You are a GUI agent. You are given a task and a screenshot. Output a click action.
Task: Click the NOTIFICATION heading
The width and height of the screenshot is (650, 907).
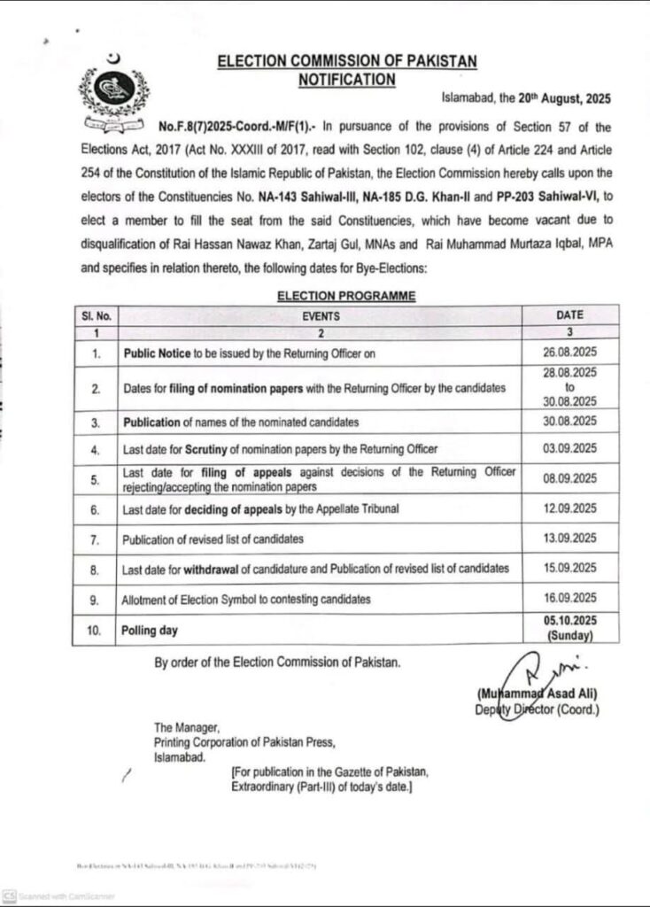(346, 79)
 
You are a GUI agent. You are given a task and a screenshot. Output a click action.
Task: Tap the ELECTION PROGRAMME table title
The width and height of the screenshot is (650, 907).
(346, 297)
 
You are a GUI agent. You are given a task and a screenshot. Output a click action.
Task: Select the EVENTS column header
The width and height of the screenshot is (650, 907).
(320, 314)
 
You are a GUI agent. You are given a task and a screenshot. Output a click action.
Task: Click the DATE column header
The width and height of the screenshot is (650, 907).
(569, 314)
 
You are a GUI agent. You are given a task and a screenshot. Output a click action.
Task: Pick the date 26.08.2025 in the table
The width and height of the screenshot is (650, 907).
(569, 352)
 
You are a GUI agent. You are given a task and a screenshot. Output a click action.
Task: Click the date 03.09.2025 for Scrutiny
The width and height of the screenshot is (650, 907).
(569, 447)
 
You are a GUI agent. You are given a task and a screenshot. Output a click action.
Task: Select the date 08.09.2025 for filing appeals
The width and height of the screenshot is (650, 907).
(569, 479)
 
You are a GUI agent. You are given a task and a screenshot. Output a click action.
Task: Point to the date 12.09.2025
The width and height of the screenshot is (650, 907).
(569, 508)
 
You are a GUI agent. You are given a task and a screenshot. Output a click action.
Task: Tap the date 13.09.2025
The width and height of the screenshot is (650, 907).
(569, 539)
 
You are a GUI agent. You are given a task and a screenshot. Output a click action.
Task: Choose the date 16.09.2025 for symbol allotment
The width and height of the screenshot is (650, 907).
(569, 599)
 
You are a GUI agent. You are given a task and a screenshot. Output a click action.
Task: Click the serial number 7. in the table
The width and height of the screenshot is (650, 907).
(95, 539)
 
